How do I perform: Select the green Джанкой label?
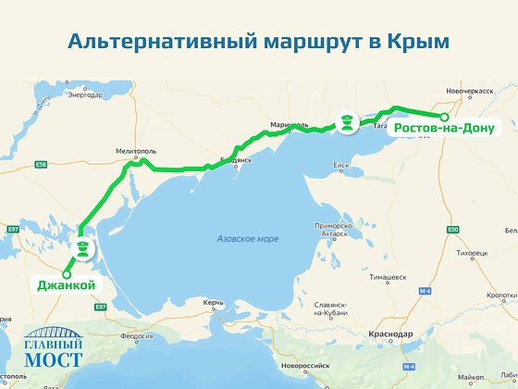pos(67,285)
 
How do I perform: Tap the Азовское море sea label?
pos(247,238)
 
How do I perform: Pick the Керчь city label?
pos(215,303)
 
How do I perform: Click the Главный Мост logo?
pos(54,348)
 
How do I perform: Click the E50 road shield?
pos(452,230)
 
